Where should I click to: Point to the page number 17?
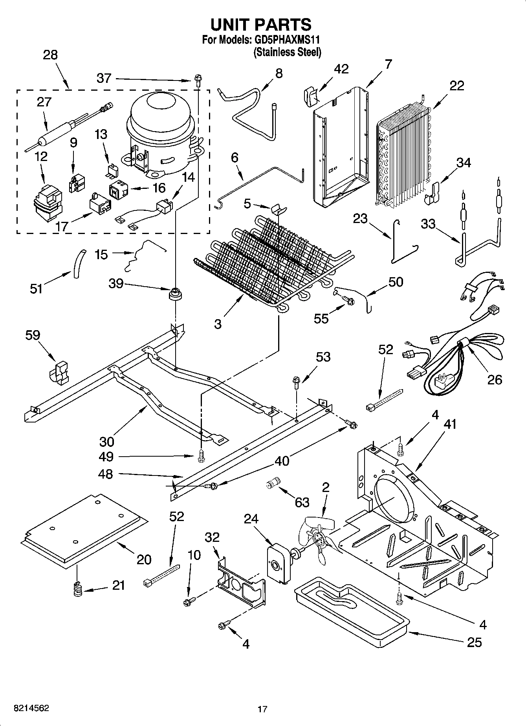[x=262, y=709]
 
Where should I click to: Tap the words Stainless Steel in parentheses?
[x=287, y=52]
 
